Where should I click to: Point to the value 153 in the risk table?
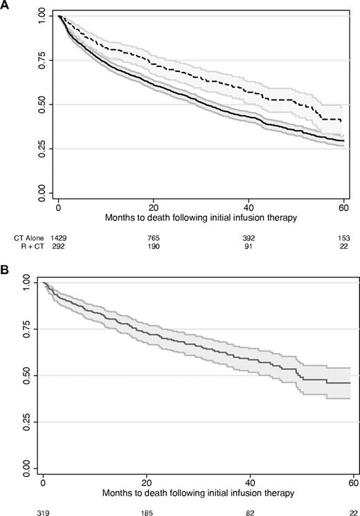pos(343,237)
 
